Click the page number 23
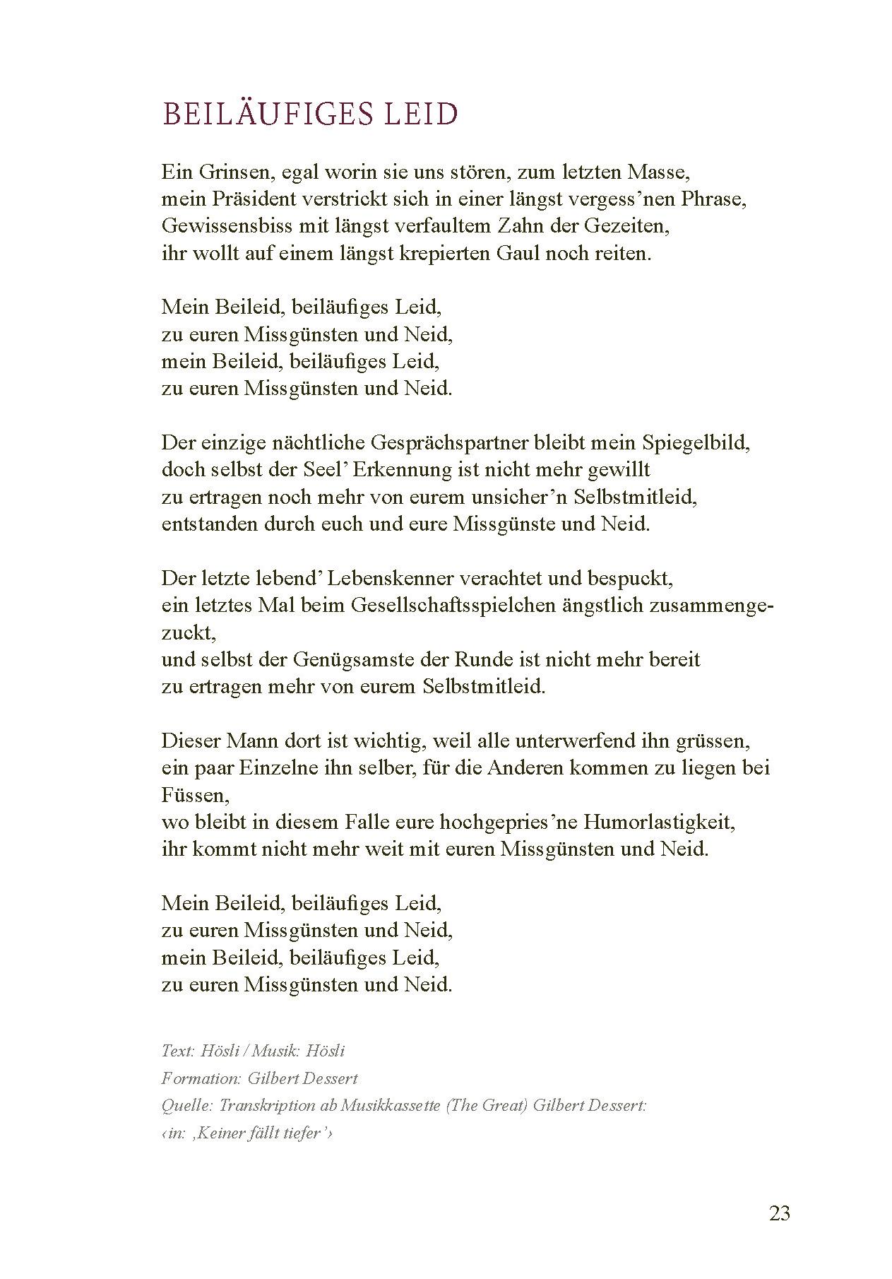pyautogui.click(x=779, y=1214)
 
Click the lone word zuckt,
pyautogui.click(x=189, y=632)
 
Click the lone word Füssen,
pyautogui.click(x=195, y=796)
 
